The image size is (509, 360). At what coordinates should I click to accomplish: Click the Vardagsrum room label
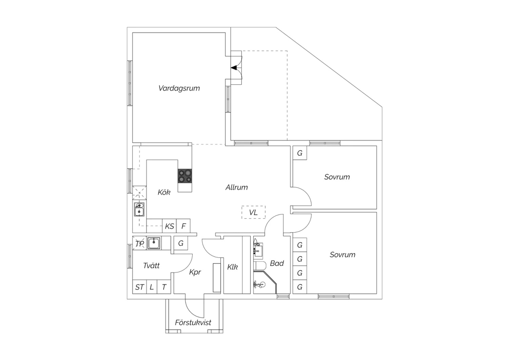click(179, 88)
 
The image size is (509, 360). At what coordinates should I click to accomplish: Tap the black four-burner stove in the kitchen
click(185, 176)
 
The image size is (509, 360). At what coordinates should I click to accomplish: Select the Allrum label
click(237, 187)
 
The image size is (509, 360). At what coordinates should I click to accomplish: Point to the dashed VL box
click(253, 212)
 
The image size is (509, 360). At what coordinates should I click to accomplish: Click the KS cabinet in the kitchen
click(169, 226)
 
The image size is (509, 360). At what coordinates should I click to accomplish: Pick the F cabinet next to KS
click(183, 226)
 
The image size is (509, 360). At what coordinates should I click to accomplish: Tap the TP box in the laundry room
click(139, 243)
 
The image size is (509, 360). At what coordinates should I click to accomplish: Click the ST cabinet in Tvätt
click(139, 287)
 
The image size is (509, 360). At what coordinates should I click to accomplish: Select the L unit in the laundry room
click(152, 287)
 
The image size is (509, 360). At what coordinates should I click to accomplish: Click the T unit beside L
click(164, 287)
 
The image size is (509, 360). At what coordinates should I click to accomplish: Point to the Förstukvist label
click(193, 323)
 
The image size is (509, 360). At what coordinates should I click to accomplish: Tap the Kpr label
click(195, 272)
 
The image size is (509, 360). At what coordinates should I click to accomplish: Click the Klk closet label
click(232, 267)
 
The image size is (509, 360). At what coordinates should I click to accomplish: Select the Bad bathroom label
click(277, 263)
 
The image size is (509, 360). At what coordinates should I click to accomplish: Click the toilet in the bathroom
click(260, 265)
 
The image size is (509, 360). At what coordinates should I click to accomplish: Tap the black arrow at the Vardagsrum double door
click(234, 68)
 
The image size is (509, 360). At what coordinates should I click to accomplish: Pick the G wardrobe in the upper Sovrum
click(300, 153)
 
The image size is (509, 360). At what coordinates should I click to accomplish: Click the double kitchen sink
click(139, 209)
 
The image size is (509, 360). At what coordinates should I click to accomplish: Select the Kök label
click(164, 192)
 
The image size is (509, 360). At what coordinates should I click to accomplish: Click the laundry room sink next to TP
click(154, 243)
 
